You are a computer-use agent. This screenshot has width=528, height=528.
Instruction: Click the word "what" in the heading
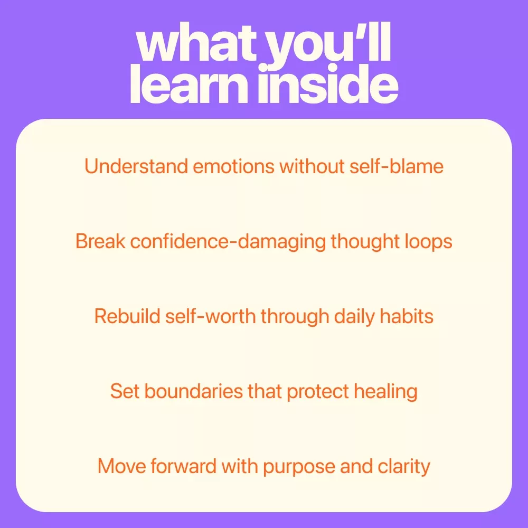[196, 43]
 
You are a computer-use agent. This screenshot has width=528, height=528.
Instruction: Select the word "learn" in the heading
[189, 83]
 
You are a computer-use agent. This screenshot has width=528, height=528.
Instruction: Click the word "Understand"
[136, 166]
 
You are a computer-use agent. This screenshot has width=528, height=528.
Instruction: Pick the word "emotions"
[234, 167]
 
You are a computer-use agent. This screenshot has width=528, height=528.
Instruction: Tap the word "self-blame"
[397, 166]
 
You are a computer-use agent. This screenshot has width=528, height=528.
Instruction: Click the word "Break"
[100, 241]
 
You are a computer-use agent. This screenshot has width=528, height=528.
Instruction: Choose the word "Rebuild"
[127, 316]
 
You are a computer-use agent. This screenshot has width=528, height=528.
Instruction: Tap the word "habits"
[407, 316]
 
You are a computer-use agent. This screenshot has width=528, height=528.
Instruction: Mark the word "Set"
[125, 391]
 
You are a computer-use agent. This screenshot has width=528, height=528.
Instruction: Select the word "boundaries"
[194, 391]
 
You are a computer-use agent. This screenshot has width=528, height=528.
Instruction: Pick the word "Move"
[121, 466]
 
